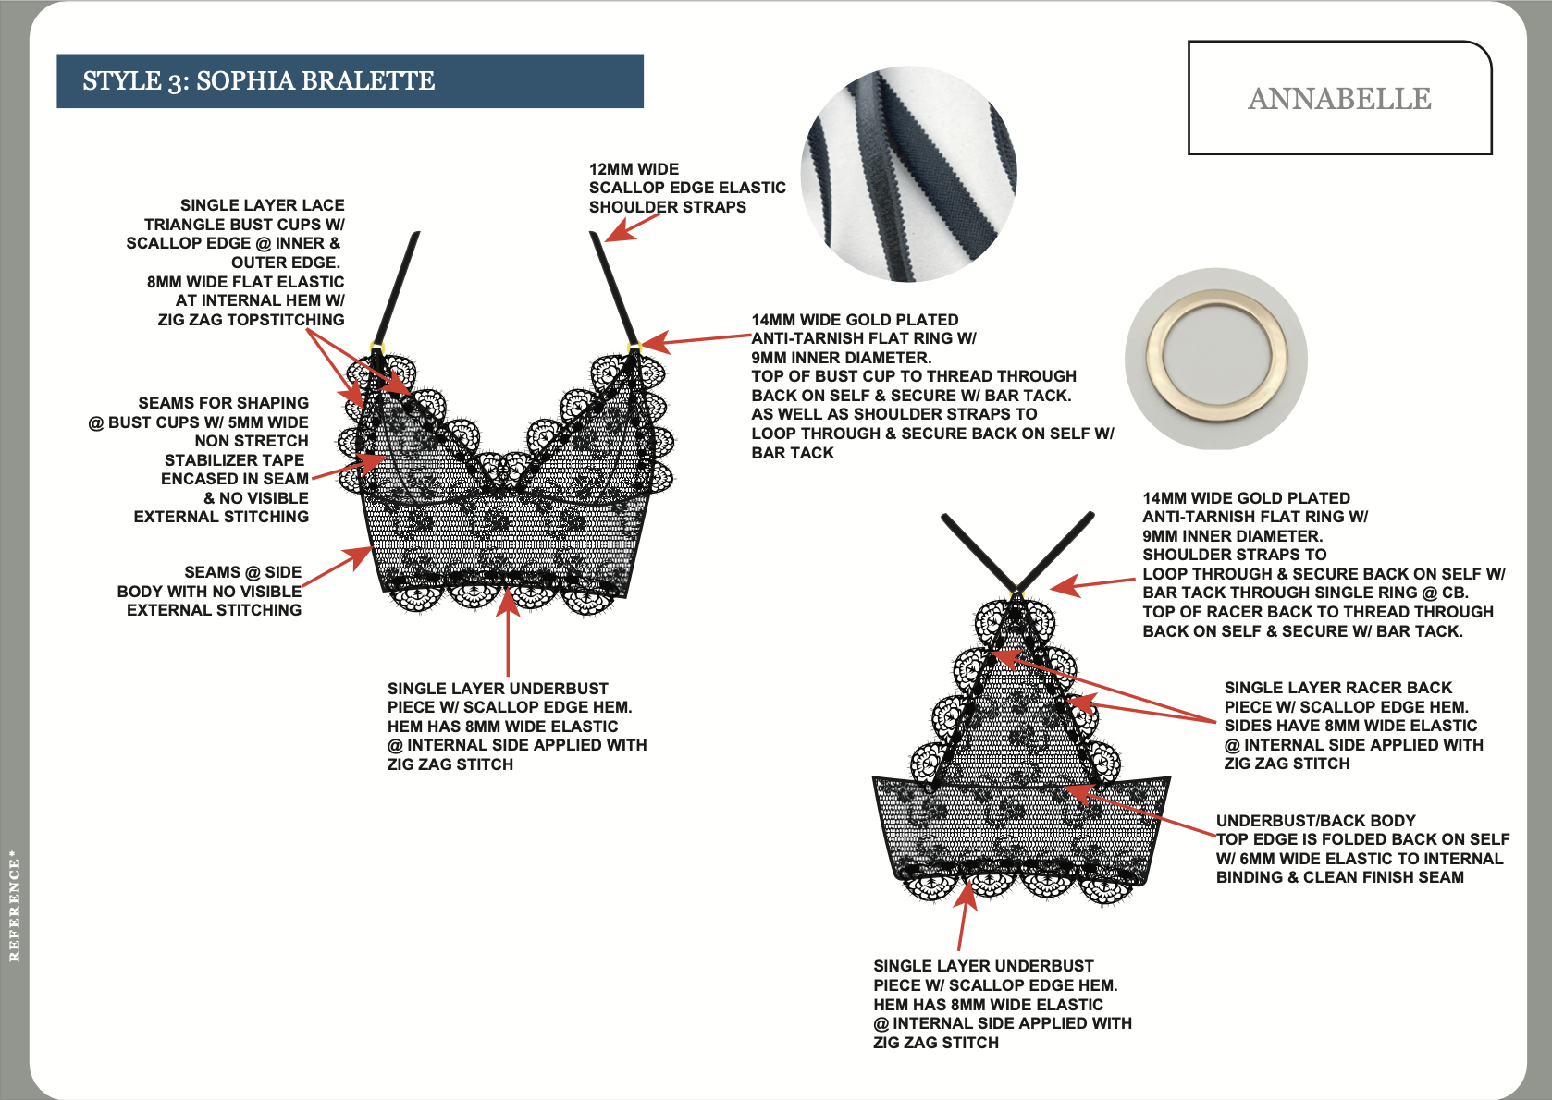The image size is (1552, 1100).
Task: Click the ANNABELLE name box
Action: (1338, 98)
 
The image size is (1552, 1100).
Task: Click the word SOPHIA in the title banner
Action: (246, 81)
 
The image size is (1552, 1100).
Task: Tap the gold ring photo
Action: (1215, 359)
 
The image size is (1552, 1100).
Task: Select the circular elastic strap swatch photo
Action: (908, 174)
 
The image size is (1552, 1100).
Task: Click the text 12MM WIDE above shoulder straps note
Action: (634, 169)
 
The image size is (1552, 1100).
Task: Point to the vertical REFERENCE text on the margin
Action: (14, 906)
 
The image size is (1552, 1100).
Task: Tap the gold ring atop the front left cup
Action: (376, 348)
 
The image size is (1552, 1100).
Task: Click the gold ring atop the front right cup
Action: (634, 348)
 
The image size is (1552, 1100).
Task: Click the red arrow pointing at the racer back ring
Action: (1091, 583)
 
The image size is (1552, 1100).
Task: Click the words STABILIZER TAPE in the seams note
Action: (234, 460)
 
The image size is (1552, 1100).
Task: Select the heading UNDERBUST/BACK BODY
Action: (1315, 821)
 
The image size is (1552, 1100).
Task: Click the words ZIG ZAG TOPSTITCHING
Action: (251, 320)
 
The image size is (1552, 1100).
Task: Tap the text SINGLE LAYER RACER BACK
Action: (1337, 688)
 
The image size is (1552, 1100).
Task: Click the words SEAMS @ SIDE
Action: (242, 572)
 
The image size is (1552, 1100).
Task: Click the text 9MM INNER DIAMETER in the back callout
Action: (1232, 536)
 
